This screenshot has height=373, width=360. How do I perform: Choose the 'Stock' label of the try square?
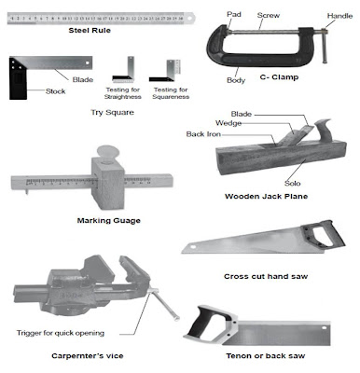point(55,91)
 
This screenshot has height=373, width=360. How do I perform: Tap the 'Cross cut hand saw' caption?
point(266,276)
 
